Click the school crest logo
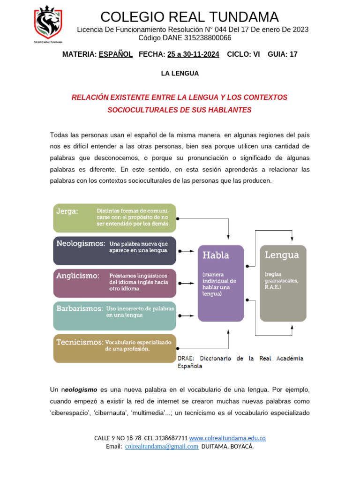48,23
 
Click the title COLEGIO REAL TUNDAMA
189,17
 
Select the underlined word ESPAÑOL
116,54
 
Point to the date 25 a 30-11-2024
193,54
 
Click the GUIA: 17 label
282,54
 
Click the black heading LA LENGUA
180,74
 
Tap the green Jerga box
114,218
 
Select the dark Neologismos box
114,251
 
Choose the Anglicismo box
114,283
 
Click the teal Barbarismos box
114,316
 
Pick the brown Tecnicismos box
114,348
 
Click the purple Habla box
221,283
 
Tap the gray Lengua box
283,283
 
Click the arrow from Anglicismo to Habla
187,284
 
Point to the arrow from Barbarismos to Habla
187,316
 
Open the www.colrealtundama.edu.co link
227,438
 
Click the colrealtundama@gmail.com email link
162,446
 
